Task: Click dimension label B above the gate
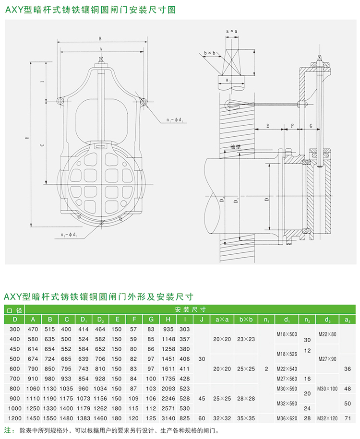coord(100,38)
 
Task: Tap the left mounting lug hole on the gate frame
coord(60,100)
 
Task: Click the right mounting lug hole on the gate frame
coord(144,100)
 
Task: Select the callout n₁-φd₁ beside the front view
coord(174,120)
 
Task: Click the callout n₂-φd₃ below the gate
coord(71,236)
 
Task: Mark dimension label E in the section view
coord(268,125)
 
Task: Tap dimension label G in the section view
coord(312,125)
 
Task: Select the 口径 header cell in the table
coord(15,310)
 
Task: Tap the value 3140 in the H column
coord(168,419)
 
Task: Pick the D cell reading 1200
coord(15,419)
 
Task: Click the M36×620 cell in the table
coord(286,419)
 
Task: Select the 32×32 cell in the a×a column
coord(222,419)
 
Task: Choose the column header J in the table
coord(202,320)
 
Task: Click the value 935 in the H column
coord(168,329)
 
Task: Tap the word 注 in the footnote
coord(7,430)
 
